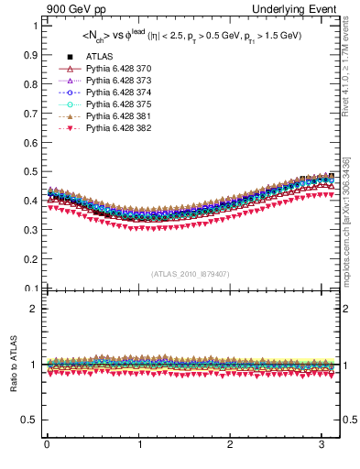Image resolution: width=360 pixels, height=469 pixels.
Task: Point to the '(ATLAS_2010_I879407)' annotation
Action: pyautogui.click(x=190, y=273)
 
